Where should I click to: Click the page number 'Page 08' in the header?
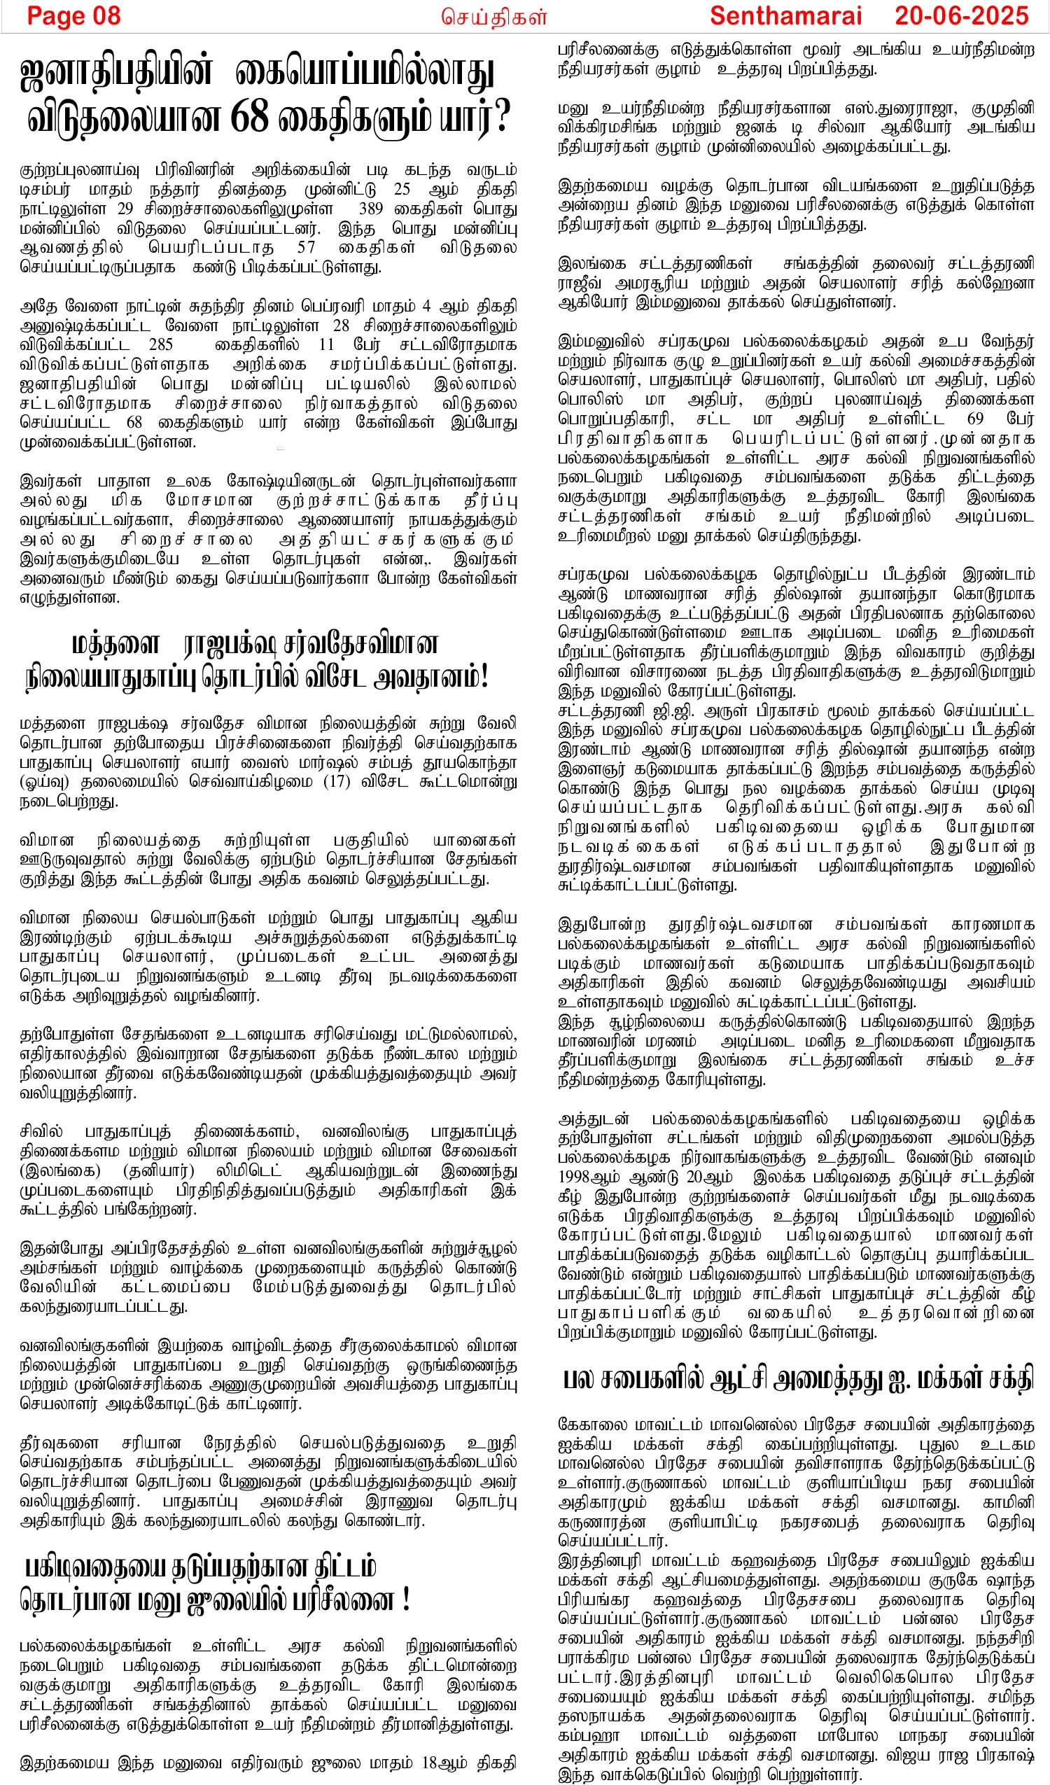click(73, 15)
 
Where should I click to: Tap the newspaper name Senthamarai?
click(785, 15)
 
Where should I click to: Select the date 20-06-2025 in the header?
click(960, 15)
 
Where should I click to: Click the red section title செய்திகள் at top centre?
click(493, 17)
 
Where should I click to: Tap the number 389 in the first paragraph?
click(370, 209)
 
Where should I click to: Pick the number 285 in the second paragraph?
click(161, 345)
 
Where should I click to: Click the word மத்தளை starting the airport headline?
click(115, 645)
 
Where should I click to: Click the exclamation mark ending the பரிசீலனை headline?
click(406, 1600)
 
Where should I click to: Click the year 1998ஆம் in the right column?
click(585, 1177)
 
